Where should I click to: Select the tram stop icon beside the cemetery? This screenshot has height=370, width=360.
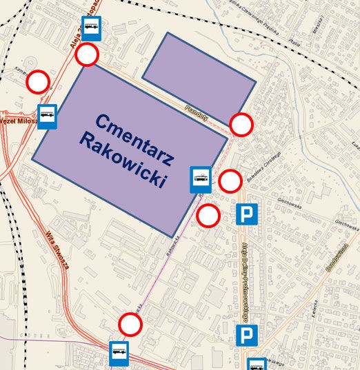click(x=201, y=179)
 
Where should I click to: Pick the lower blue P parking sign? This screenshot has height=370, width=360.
click(x=246, y=336)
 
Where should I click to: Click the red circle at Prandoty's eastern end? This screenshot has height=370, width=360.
click(x=241, y=125)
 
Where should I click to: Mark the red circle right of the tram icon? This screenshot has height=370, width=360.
click(x=230, y=182)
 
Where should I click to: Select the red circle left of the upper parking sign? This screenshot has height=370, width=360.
click(x=208, y=216)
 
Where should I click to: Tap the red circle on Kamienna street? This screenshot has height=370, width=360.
click(x=38, y=83)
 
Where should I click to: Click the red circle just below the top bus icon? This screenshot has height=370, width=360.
click(x=88, y=54)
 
